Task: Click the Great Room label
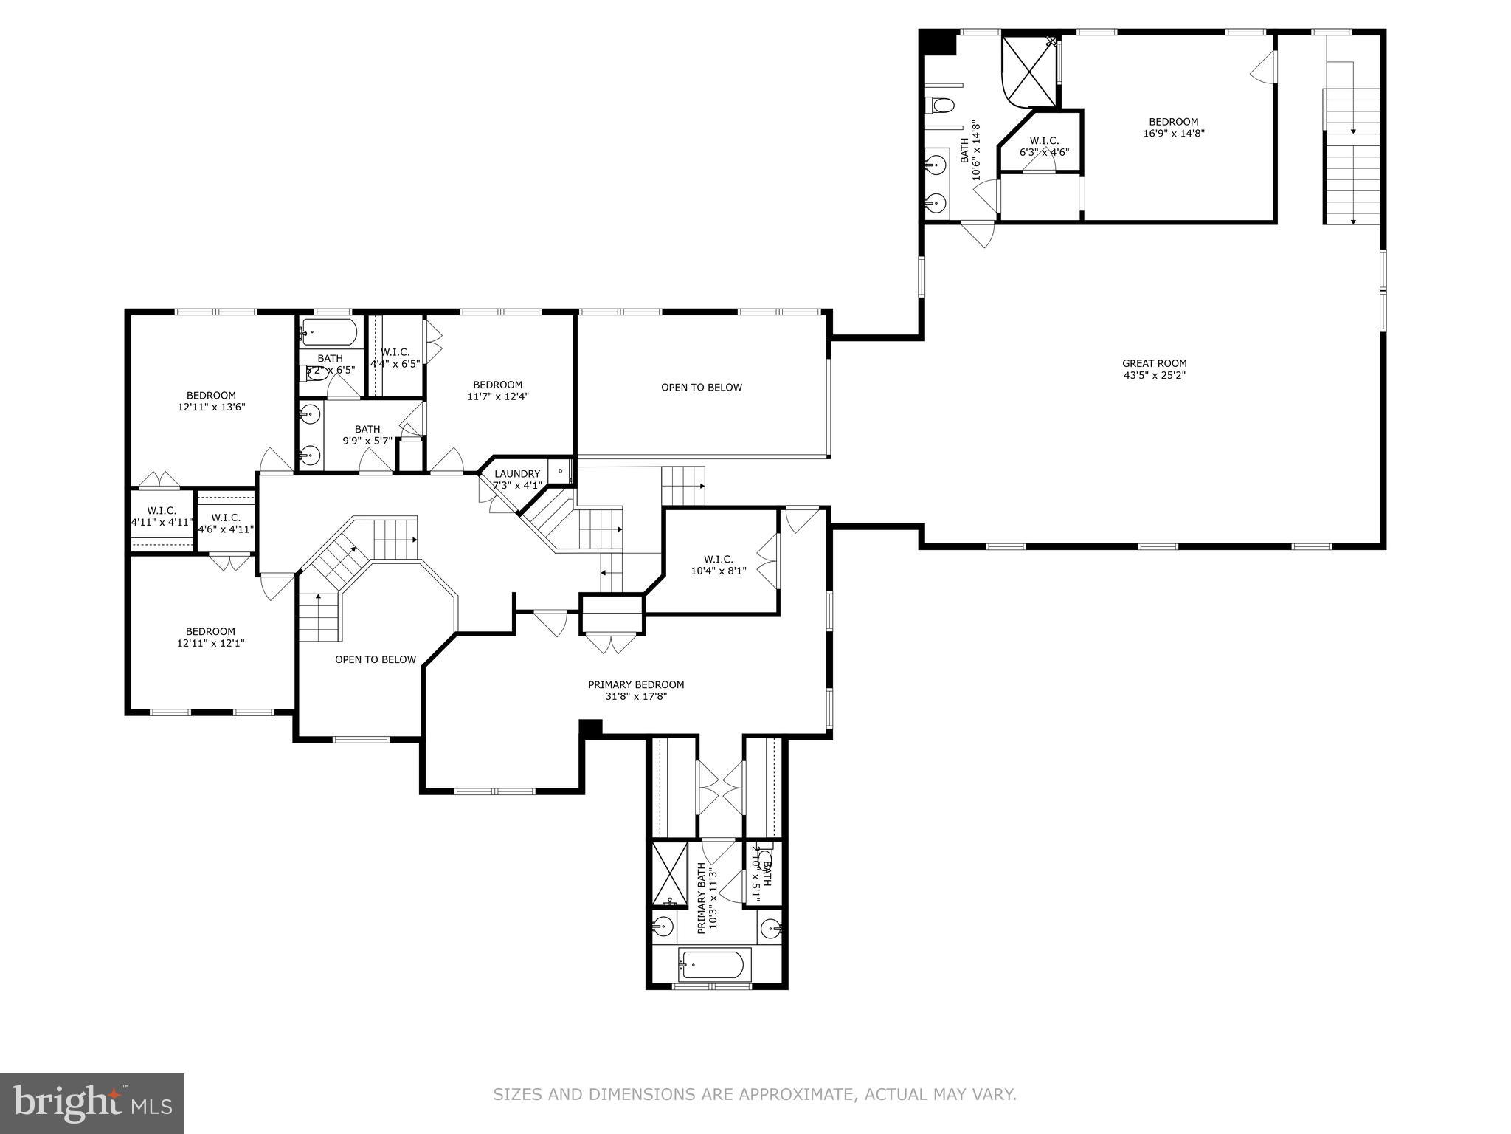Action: (1154, 363)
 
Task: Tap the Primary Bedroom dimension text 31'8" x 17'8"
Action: (635, 696)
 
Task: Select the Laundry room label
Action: (517, 474)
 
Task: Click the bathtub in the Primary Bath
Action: (713, 965)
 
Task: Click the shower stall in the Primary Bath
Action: (669, 873)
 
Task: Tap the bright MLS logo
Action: (91, 1102)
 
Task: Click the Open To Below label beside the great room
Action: (701, 388)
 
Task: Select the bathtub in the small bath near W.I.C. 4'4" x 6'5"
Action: (330, 332)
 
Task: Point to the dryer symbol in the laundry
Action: (560, 471)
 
